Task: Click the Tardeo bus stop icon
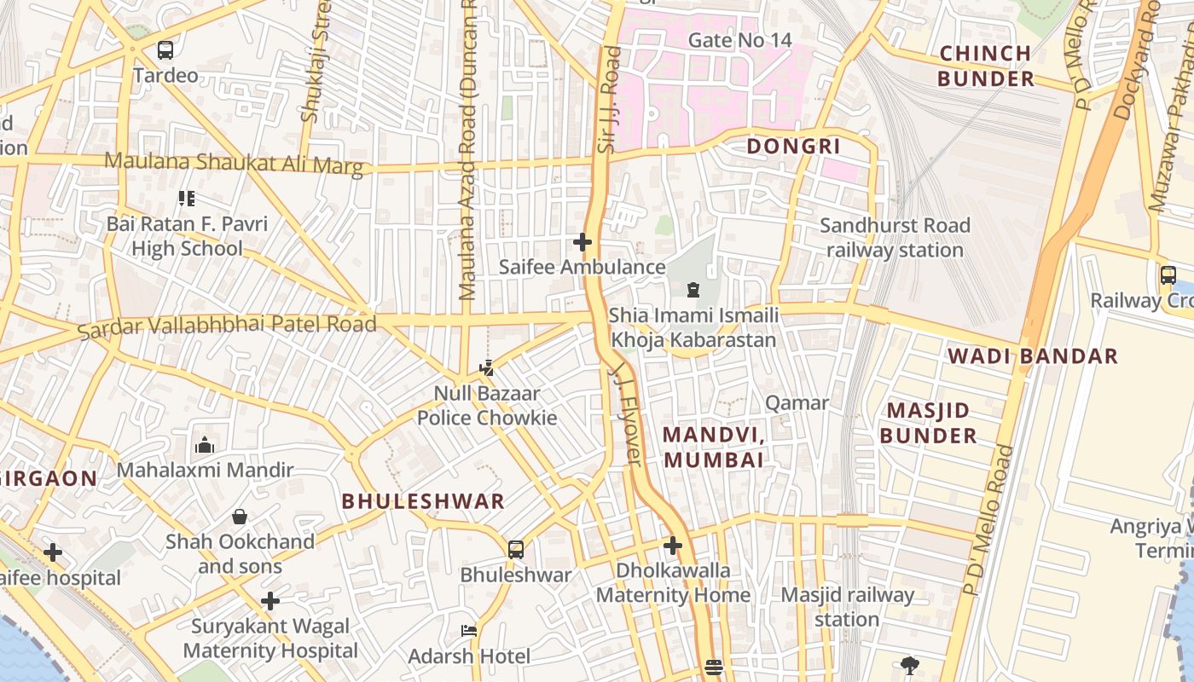pos(165,50)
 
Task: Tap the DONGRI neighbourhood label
pos(793,146)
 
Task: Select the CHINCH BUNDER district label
pos(985,66)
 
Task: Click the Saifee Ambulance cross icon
pos(583,242)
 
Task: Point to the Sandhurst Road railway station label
pos(895,238)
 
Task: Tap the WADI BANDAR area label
pos(1033,356)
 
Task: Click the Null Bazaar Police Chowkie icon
pos(486,368)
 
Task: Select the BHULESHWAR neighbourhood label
pos(423,501)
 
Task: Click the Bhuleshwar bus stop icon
pos(516,549)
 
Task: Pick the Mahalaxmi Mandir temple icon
pos(205,445)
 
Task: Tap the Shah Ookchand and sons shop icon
pos(240,517)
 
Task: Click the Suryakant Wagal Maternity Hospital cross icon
pos(270,601)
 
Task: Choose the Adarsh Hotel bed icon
pos(468,631)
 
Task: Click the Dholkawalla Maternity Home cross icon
pos(673,545)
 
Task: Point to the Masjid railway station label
pos(847,607)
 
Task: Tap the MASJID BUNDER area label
pos(928,423)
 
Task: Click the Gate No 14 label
pos(739,40)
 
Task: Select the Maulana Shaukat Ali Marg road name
pos(234,163)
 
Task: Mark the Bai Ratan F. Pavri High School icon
pos(187,199)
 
